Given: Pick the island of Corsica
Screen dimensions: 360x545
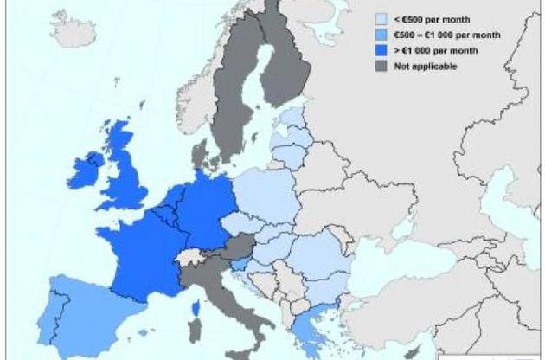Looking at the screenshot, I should (x=194, y=308).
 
